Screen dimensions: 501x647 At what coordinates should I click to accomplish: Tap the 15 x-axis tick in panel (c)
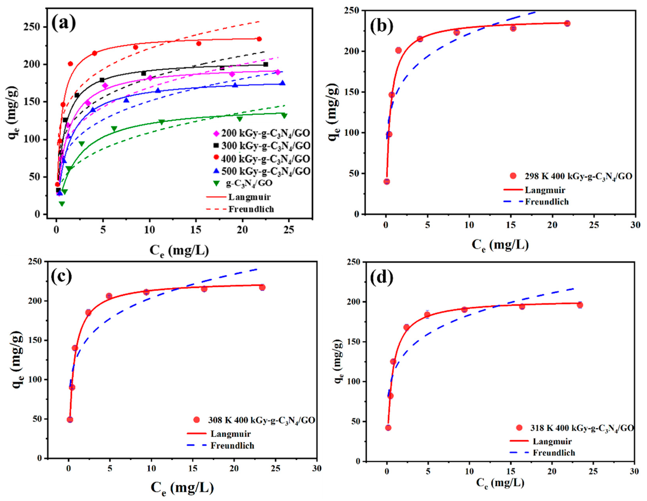click(x=193, y=469)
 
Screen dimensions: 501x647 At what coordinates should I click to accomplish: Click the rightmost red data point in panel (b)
click(x=567, y=23)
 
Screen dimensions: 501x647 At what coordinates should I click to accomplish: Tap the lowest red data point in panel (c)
click(x=70, y=420)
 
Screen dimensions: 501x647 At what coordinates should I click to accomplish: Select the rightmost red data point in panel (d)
click(x=580, y=305)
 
